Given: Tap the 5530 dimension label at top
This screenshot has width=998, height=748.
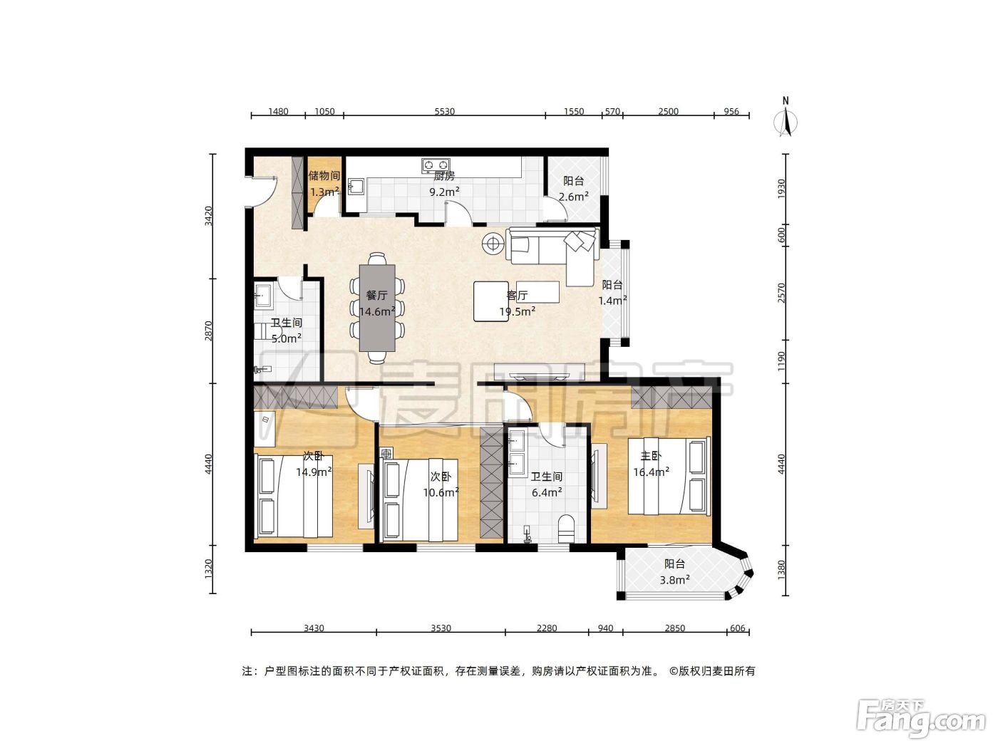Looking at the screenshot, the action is coord(444,112).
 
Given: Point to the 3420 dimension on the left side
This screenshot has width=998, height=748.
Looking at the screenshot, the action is coord(209,216).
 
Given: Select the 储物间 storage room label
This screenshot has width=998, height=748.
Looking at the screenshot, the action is coord(324,176).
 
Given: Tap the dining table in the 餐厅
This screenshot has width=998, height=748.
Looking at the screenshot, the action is coord(377,308).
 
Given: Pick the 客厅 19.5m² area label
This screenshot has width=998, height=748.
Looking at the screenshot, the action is coord(518,303).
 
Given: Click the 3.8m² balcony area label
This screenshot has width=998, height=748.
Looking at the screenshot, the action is coord(675,580).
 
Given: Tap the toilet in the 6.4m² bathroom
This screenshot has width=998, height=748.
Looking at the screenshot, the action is coord(566,528).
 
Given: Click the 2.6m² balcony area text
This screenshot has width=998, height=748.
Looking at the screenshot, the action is coord(574,197).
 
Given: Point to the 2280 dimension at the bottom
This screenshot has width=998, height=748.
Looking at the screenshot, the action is coord(547,628).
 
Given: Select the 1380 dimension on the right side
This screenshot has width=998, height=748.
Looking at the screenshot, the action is coord(781,570).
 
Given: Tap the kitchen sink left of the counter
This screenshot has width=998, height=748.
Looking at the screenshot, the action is coord(356,187).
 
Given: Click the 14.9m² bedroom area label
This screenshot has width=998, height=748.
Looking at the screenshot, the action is coord(314,472).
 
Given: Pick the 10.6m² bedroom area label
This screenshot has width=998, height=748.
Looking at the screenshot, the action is coord(441,492).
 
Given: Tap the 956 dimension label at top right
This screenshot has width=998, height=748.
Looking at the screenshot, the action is coord(731,112).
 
